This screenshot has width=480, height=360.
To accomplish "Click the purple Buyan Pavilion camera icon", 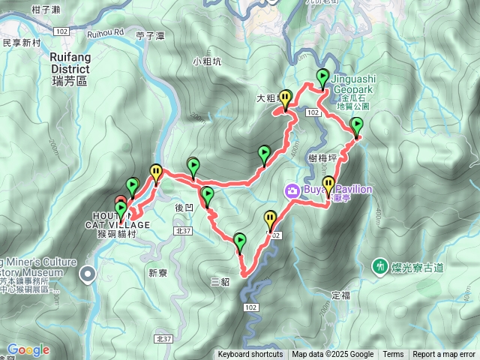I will point(292,190).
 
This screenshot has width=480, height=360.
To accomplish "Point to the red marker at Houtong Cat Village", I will point(121,202).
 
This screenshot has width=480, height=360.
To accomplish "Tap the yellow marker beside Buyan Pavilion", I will point(328,183).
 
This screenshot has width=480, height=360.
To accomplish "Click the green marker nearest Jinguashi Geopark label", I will point(322,76).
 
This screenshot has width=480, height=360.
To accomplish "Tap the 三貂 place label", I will point(220,282).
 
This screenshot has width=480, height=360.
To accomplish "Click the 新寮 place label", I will point(157,273).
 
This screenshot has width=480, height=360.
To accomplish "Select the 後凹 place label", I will point(184,207).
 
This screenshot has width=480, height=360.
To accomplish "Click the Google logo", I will point(28,349).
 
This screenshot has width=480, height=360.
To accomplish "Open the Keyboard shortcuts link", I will point(250,355).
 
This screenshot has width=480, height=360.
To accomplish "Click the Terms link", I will point(393,355).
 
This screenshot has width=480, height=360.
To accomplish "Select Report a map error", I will point(444,355).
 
